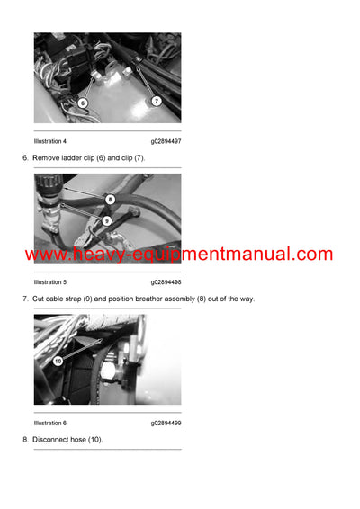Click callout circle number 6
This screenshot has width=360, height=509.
[83, 103]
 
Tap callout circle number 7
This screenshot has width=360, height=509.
[156, 101]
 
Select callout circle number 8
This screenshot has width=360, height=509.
[110, 199]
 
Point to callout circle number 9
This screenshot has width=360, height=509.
[106, 220]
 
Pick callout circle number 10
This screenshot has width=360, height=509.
[58, 361]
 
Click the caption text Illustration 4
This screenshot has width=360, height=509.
[49, 141]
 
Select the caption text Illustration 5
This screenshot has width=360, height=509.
[49, 282]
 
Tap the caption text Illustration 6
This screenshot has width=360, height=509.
[49, 423]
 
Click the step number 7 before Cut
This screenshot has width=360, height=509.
[24, 299]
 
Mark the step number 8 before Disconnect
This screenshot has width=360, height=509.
[24, 440]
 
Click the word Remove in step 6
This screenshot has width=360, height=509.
[44, 158]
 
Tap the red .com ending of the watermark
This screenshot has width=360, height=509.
[312, 254]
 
